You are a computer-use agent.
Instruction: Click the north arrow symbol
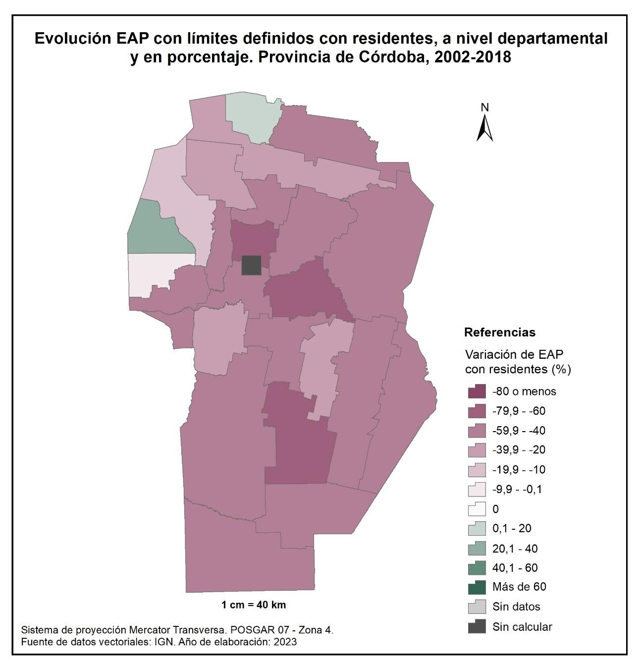point(484,128)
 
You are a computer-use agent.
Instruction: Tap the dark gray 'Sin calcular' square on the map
point(251,265)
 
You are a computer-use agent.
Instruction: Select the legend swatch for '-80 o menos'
point(477,391)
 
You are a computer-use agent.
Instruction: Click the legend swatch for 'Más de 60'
point(477,587)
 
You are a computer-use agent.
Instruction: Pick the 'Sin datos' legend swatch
point(477,607)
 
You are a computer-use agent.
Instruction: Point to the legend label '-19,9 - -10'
point(519,470)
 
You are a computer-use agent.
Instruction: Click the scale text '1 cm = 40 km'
point(254,605)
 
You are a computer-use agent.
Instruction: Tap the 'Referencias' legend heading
point(499,333)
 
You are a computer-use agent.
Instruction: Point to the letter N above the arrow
point(484,108)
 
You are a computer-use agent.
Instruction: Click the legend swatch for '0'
point(477,509)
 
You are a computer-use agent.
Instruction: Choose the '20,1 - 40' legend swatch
point(477,549)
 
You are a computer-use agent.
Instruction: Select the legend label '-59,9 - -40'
point(519,431)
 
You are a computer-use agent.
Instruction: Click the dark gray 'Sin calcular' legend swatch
point(477,627)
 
